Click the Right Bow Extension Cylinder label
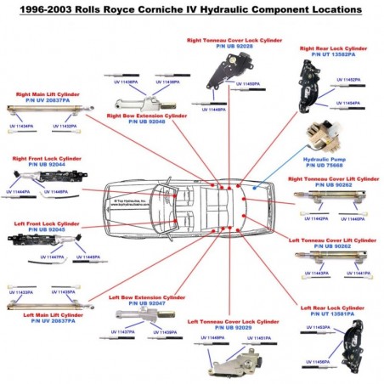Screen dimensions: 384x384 [147, 119]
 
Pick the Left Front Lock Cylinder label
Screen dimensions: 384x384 [46, 227]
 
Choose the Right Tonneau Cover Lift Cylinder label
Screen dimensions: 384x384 [333, 182]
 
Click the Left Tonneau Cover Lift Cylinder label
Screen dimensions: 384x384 [332, 244]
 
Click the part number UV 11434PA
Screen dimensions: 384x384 [21, 127]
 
